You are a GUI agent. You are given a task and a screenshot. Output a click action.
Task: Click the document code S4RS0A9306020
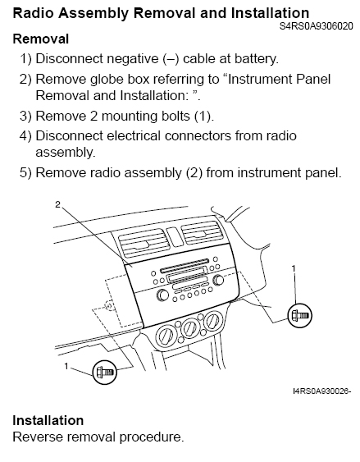click(x=316, y=26)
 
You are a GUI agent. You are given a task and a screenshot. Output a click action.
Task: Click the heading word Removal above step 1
click(x=41, y=39)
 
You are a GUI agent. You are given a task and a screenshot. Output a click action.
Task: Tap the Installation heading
click(x=48, y=420)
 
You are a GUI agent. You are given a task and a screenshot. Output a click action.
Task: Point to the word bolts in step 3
click(x=175, y=116)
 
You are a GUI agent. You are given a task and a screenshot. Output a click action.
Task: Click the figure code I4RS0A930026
click(x=321, y=391)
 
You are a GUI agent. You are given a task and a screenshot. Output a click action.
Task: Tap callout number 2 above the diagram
click(x=58, y=204)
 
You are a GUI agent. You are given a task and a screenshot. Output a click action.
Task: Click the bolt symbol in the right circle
click(x=299, y=316)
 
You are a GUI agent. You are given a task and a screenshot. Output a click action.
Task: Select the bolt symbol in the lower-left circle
click(x=105, y=373)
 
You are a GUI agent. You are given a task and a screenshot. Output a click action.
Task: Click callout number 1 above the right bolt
click(x=294, y=268)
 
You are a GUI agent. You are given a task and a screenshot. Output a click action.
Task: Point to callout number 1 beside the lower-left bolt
click(x=66, y=366)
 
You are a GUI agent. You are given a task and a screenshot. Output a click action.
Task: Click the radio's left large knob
click(x=162, y=295)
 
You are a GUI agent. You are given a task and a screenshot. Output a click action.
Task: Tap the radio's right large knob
click(x=218, y=280)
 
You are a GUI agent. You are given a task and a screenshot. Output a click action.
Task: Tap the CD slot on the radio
click(x=185, y=266)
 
